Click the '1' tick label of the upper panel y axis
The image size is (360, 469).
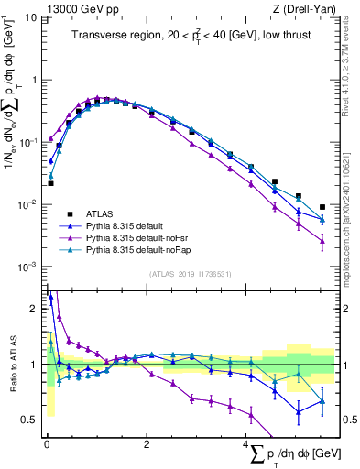[x=34, y=80]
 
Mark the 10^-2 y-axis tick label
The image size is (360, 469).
[x=27, y=204]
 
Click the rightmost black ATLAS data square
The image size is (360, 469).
[x=322, y=207]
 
